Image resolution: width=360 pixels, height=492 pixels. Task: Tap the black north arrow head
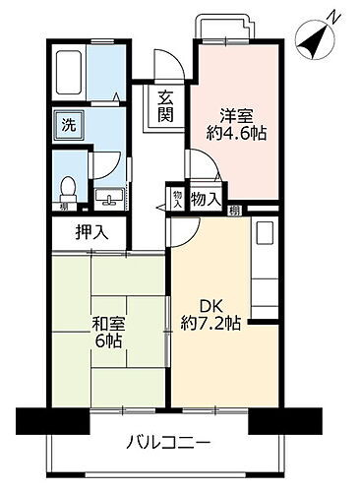[316, 39]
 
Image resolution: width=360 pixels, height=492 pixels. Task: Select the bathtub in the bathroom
[70, 69]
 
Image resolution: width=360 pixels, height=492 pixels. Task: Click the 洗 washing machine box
[69, 125]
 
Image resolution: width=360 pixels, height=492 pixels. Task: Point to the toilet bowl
[70, 185]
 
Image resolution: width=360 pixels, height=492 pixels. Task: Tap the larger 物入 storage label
[206, 200]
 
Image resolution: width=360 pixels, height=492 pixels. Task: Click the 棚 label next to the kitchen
[235, 209]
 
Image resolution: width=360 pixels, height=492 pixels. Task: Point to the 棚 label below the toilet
[63, 207]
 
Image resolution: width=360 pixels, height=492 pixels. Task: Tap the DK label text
[210, 303]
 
